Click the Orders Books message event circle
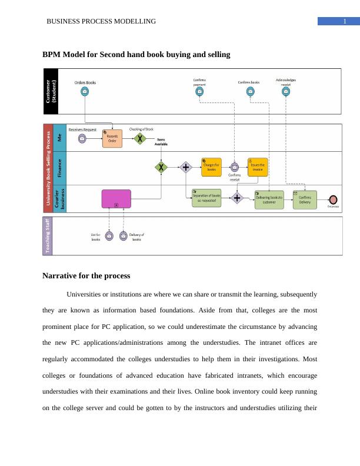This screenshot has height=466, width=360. click(x=85, y=91)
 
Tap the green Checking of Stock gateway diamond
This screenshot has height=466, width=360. click(x=139, y=138)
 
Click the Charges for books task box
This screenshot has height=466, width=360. click(x=211, y=167)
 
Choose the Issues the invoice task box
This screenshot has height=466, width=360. click(x=258, y=167)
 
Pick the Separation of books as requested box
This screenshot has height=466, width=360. click(x=206, y=198)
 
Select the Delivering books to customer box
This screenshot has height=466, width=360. click(x=269, y=199)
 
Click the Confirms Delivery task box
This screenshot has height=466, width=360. click(x=305, y=199)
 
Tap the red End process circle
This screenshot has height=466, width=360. click(x=334, y=199)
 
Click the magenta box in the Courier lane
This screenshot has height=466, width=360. click(x=116, y=198)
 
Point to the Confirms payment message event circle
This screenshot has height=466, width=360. click(x=199, y=91)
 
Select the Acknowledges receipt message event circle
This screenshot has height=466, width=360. click(x=286, y=91)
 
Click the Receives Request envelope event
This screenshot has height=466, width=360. click(x=82, y=138)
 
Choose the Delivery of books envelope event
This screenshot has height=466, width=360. click(x=123, y=236)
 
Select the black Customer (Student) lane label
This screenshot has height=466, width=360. click(x=52, y=91)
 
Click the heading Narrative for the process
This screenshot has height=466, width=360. click(x=86, y=276)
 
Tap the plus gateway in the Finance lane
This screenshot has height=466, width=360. click(x=186, y=167)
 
